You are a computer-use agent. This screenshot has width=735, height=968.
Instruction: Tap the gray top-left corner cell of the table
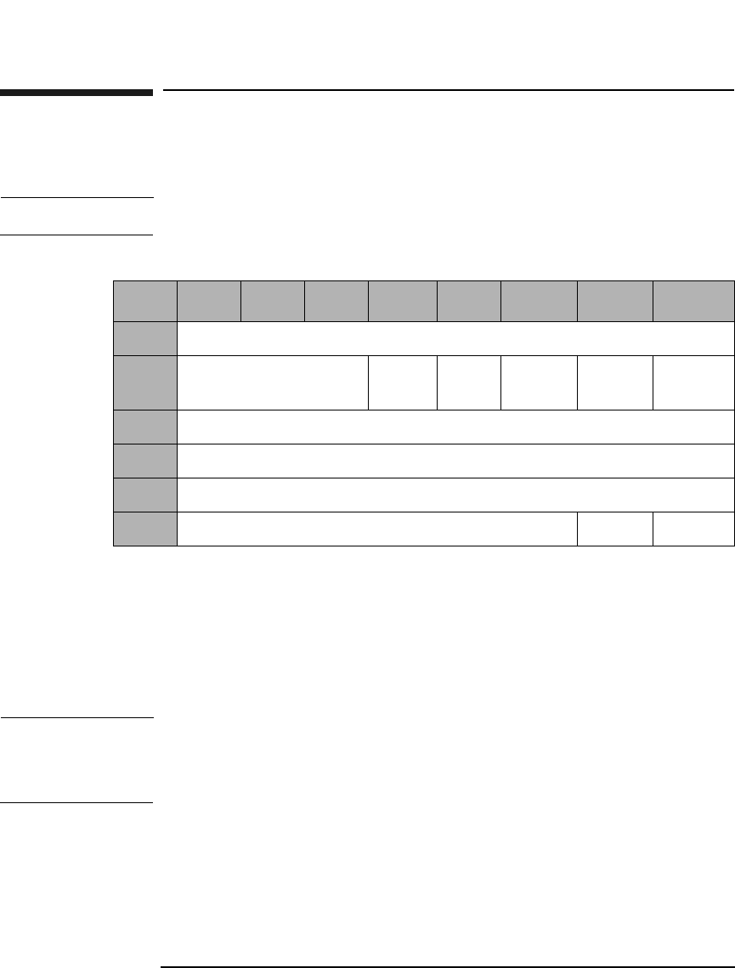tap(145, 300)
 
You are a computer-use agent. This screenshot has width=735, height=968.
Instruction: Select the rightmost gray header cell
tap(693, 300)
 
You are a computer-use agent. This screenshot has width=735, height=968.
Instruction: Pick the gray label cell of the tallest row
tap(145, 382)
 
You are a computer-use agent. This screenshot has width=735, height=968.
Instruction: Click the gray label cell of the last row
tap(145, 529)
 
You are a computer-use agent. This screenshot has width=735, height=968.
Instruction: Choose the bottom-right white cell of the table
tap(693, 529)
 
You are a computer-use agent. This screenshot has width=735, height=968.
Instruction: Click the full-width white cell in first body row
tap(455, 338)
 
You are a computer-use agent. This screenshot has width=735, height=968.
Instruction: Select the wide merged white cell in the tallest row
tap(273, 382)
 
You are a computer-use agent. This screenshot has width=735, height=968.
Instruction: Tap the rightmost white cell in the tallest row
tap(693, 382)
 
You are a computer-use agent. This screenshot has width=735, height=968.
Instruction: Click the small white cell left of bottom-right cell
tap(615, 529)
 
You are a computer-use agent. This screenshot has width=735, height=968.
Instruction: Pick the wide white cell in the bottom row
tap(377, 529)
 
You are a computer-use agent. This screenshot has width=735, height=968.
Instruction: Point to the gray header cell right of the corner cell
tap(209, 300)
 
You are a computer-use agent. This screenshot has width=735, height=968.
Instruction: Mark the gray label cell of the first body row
tap(145, 338)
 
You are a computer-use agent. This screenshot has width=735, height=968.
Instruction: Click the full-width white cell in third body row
tap(455, 427)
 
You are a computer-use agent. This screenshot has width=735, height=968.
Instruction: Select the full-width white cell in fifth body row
tap(455, 495)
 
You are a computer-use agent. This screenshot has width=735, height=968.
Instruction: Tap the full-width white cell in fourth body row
tap(455, 461)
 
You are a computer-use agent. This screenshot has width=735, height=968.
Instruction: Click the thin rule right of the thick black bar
tap(447, 89)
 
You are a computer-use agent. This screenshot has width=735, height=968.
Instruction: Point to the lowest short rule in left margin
tap(76, 802)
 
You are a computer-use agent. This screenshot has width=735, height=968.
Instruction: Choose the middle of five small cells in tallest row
tap(539, 382)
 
